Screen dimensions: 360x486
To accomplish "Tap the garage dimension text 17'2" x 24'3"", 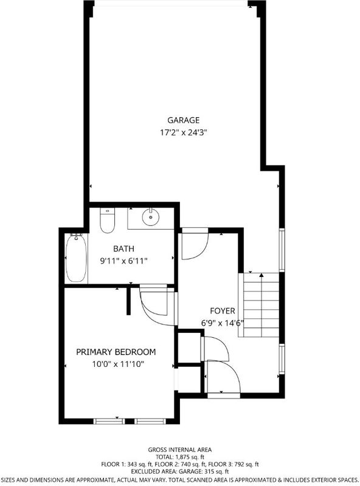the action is [x=184, y=132].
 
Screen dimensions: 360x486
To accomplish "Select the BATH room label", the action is [x=123, y=248].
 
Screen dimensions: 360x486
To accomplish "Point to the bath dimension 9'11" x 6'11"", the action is [x=123, y=261].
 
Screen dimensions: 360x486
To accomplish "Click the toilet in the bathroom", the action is [x=108, y=220].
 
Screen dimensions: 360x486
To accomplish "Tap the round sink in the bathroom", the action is [x=151, y=217].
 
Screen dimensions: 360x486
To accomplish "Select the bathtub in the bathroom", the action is [x=76, y=258].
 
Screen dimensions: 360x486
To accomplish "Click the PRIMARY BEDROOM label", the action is [x=116, y=352].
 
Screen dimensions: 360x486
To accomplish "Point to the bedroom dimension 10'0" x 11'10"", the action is [x=118, y=364].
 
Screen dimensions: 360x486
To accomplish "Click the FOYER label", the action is [x=223, y=310].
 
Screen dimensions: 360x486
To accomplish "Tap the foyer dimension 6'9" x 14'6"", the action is [x=222, y=323].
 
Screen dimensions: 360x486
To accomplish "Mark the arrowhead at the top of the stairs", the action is [x=261, y=275].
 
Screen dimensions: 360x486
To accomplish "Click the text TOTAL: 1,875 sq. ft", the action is [x=179, y=457].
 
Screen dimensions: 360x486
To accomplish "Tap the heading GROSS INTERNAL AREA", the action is [x=179, y=450].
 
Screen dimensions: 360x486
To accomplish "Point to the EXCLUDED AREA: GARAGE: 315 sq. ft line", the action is [x=179, y=472].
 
